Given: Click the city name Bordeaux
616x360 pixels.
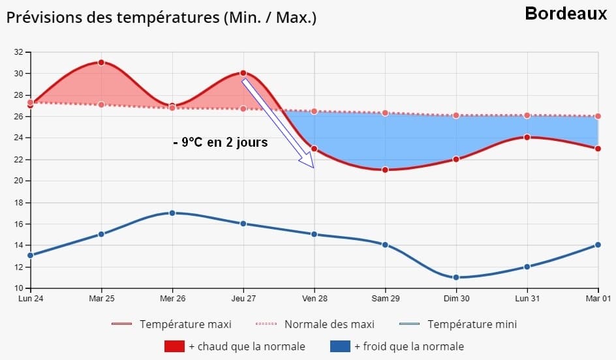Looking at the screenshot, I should (x=566, y=13).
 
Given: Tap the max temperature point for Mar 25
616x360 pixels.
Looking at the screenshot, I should (x=101, y=63).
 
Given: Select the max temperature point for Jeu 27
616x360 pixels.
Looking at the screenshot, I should (x=243, y=73).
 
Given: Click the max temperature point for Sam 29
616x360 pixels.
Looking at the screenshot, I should (x=385, y=170).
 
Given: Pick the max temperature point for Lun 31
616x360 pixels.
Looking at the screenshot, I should (x=527, y=137).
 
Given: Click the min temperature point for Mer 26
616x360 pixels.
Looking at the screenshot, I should (x=172, y=213).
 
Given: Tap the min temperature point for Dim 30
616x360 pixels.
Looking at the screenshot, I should (x=456, y=277).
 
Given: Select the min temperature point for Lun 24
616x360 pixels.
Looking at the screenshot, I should (x=30, y=255).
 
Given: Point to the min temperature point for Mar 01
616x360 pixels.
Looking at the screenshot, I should (x=598, y=245).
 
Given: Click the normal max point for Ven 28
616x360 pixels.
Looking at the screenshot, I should (x=315, y=112).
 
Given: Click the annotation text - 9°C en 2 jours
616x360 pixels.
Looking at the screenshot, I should (x=221, y=142).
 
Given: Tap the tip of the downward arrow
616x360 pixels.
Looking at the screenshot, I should (x=313, y=167).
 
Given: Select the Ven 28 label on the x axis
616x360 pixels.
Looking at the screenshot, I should (x=315, y=298).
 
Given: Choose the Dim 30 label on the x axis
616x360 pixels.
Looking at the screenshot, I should (x=456, y=298).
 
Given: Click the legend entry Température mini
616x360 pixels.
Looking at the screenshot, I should (x=472, y=324).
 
